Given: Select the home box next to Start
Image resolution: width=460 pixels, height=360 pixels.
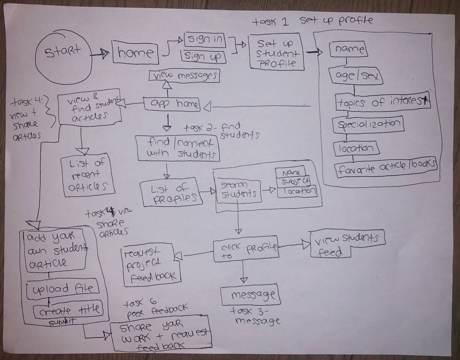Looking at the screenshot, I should pos(136,53).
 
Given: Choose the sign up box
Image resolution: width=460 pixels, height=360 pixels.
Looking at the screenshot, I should pos(204,57).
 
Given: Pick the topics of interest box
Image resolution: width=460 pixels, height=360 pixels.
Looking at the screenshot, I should pos(383,102).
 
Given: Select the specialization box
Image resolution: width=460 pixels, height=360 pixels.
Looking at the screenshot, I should pos(368,124).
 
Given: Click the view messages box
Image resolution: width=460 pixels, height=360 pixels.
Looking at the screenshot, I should pos(184,76).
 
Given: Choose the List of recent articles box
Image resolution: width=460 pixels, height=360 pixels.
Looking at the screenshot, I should pos(88,175).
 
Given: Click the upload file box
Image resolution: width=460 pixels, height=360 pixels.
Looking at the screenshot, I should pos(63,289).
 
